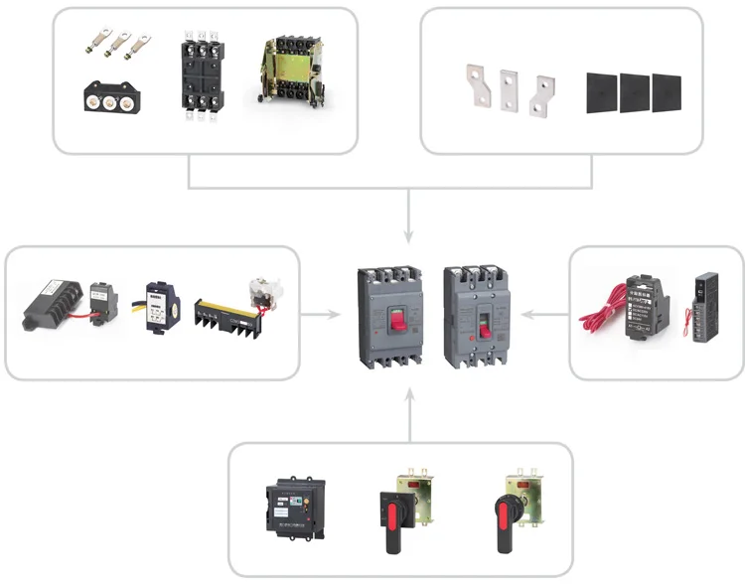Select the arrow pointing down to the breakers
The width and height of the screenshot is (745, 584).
coord(408,230)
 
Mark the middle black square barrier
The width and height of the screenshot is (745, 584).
coord(635,92)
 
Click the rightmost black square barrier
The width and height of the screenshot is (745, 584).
coord(667,91)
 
